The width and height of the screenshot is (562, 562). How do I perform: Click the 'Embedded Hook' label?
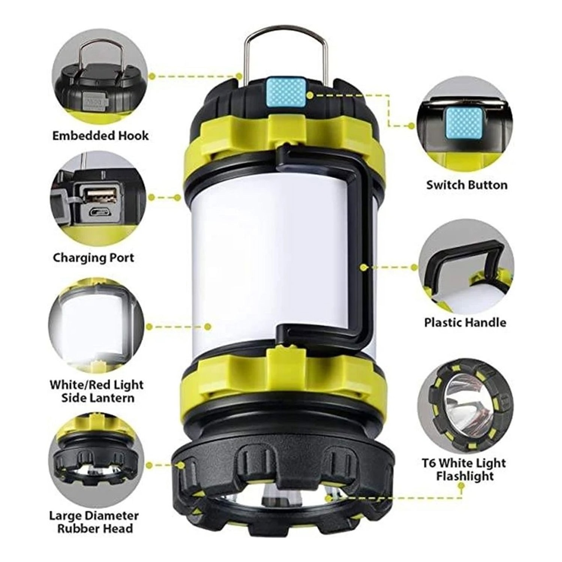100,135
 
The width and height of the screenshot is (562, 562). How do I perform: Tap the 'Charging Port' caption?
93,258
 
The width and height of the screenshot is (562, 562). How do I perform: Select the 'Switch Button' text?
466,185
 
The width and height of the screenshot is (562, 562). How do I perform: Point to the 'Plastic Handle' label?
465,322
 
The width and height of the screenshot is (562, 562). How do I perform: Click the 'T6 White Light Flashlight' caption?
464,469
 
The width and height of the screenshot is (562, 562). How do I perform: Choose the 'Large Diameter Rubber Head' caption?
94,522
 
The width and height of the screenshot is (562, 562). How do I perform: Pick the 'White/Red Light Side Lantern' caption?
97,391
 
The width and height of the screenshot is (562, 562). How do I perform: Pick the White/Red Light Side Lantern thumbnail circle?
96,326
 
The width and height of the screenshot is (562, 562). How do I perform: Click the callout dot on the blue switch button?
309,95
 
